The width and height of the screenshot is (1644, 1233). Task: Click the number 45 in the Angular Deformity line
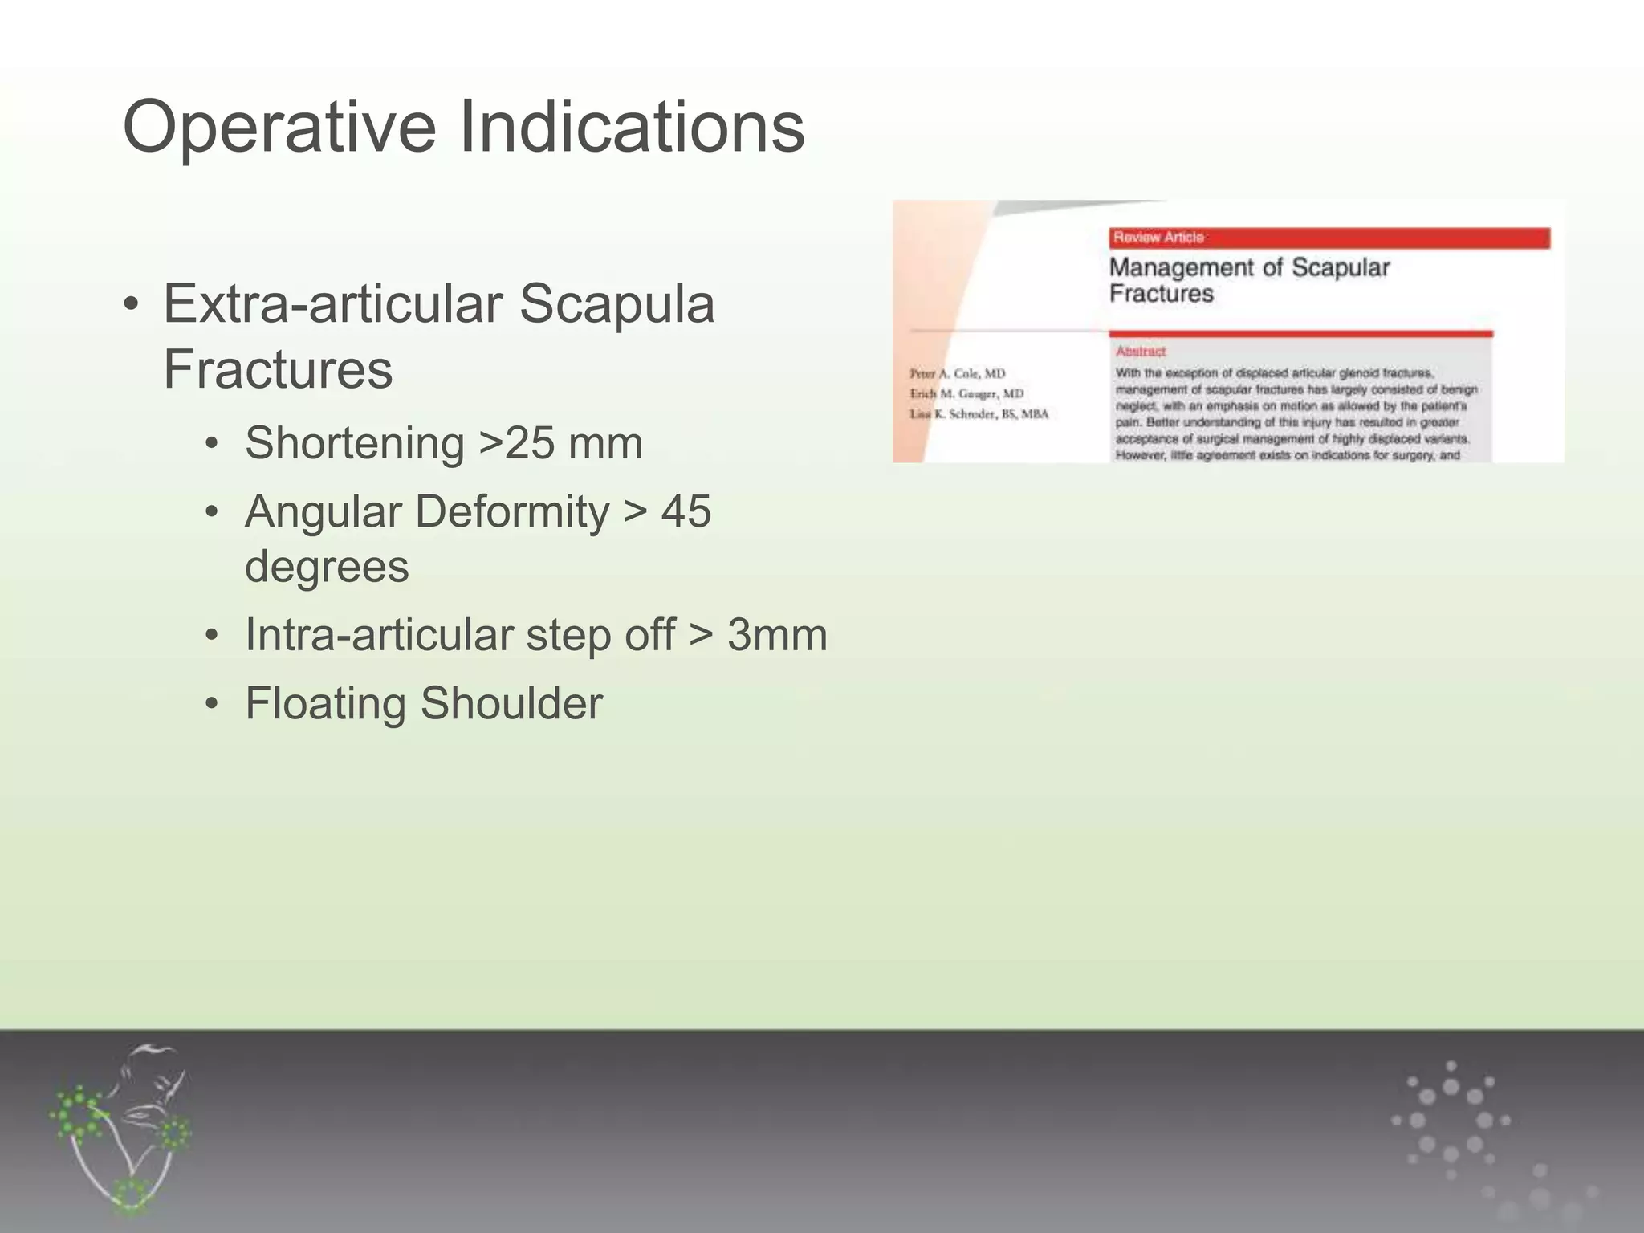tap(686, 511)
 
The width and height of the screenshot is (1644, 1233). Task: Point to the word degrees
tap(327, 567)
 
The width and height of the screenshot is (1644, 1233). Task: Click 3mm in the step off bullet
tap(776, 635)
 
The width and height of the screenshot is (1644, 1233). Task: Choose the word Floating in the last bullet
tap(324, 703)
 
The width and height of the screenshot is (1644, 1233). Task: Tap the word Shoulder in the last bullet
tap(511, 703)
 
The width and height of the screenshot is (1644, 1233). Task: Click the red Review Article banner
tap(1329, 238)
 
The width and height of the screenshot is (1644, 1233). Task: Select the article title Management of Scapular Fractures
tap(1248, 280)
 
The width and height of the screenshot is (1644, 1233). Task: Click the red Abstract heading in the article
tap(1140, 352)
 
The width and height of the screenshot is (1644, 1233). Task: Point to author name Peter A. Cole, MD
tap(957, 373)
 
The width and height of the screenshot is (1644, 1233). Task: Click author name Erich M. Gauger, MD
tap(966, 393)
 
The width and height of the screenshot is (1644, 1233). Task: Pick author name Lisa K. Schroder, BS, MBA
tap(979, 414)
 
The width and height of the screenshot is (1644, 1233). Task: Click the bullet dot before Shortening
tap(211, 444)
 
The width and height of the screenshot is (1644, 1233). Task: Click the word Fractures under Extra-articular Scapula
tap(278, 370)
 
